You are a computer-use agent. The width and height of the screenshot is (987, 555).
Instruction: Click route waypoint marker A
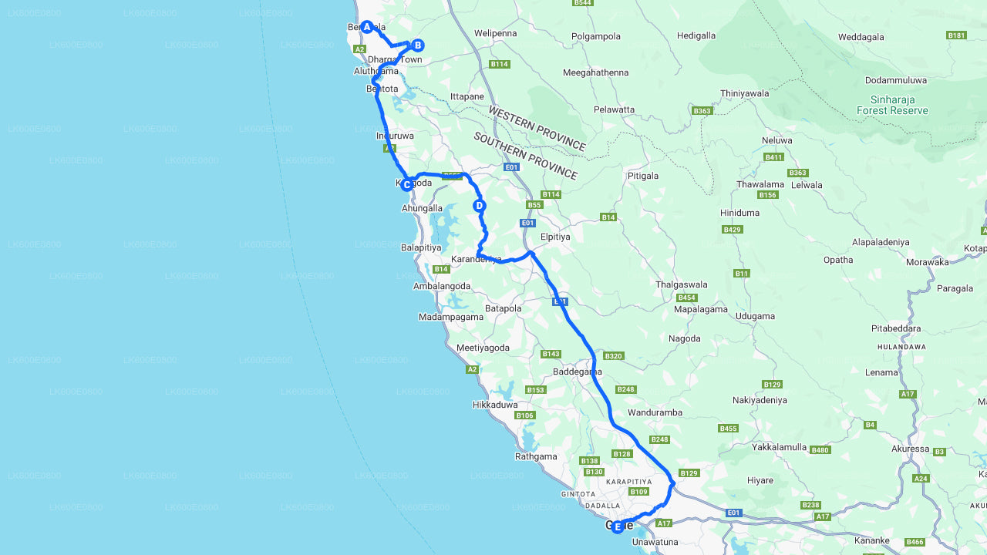[x=367, y=27]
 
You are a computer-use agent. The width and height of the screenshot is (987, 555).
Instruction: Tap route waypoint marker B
[x=417, y=45]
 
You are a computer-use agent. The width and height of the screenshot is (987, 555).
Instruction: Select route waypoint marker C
[x=406, y=184]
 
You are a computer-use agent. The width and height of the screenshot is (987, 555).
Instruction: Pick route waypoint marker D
[x=479, y=206]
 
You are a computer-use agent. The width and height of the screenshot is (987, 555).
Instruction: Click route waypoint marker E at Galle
[x=617, y=526]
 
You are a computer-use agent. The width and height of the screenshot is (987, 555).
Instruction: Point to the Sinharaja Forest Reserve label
[x=892, y=105]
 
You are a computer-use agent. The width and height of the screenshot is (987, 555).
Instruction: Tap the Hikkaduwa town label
[x=495, y=405]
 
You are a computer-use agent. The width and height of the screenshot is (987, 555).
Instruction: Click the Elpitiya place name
[x=555, y=237]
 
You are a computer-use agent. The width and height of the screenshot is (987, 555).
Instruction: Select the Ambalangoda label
[x=442, y=286]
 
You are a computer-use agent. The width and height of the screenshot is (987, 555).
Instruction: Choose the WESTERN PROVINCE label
[x=537, y=128]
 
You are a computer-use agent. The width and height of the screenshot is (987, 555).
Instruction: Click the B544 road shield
[x=583, y=3]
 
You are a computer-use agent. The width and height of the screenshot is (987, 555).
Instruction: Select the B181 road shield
[x=956, y=35]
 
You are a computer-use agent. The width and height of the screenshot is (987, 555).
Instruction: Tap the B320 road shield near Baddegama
[x=613, y=356]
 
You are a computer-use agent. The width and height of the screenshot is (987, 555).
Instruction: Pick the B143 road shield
[x=551, y=354]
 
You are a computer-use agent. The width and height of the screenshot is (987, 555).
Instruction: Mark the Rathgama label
[x=536, y=456]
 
